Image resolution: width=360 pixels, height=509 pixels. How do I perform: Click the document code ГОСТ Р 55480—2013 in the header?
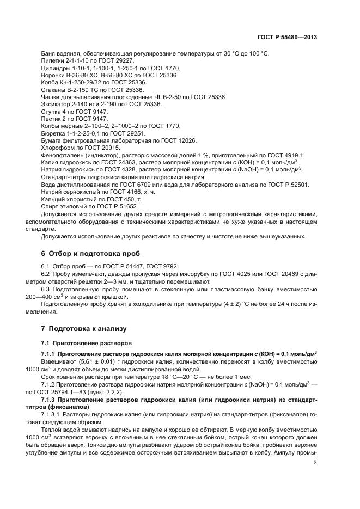click(x=287, y=38)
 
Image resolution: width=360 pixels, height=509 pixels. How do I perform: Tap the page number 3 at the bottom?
click(x=315, y=463)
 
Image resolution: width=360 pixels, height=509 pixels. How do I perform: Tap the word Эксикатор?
click(x=56, y=103)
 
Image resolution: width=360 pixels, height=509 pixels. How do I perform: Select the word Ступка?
click(x=51, y=111)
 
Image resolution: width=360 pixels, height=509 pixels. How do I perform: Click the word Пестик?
click(x=51, y=118)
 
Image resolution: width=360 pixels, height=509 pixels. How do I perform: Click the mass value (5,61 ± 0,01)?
click(x=89, y=361)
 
